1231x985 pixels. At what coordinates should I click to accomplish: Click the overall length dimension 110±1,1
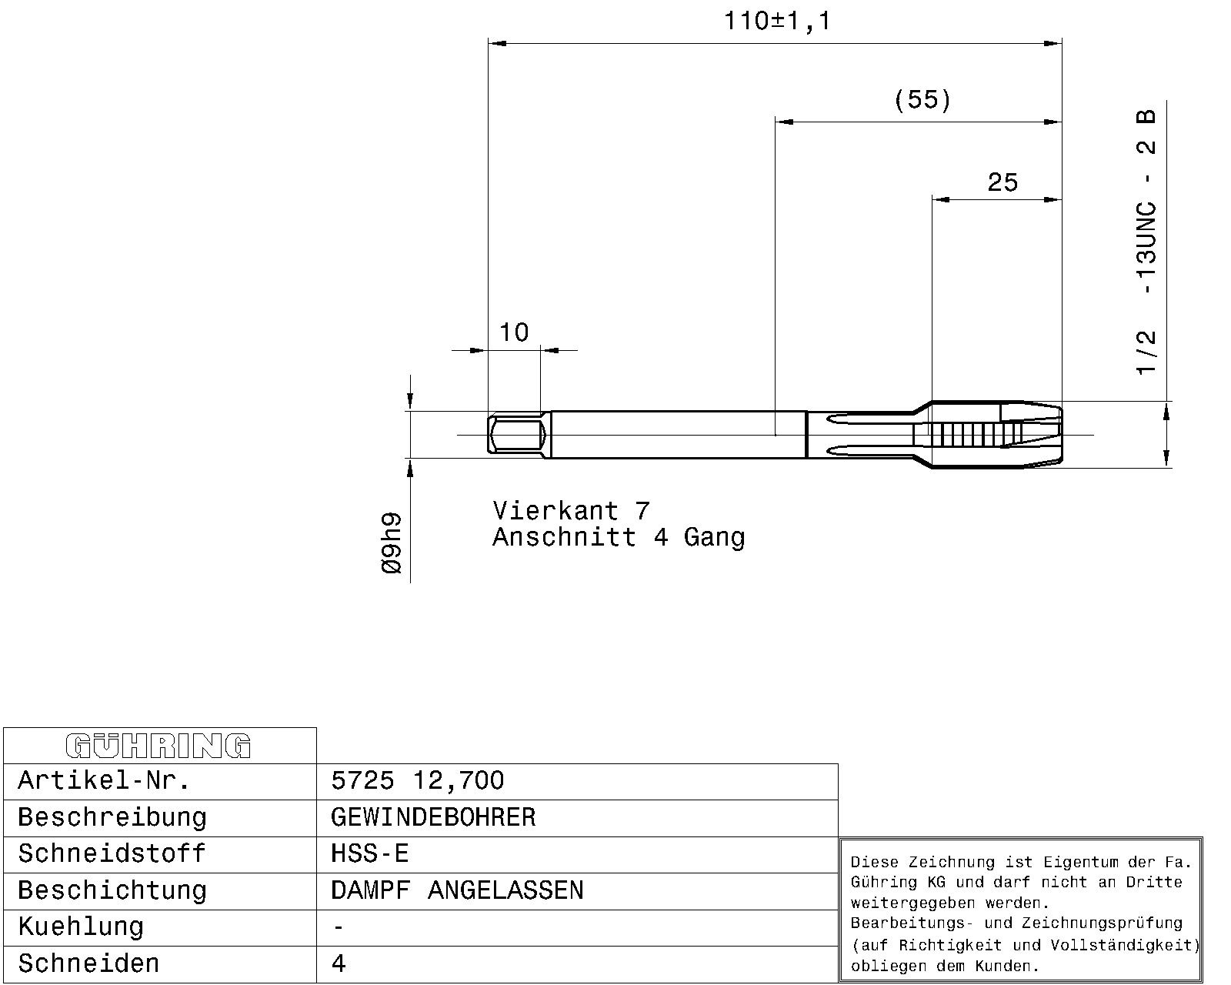(777, 22)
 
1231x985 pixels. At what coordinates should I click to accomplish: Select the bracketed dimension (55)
(922, 100)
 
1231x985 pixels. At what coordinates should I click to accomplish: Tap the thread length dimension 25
(1002, 182)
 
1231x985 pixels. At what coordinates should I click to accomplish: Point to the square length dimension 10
(514, 332)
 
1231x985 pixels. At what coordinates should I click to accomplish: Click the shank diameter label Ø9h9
(392, 543)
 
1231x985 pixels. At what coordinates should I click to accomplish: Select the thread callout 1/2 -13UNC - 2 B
(1146, 242)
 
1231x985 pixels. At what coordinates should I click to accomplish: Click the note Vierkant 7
(571, 510)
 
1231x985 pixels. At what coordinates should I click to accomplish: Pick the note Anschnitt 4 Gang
(619, 537)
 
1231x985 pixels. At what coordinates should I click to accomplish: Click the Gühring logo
(158, 746)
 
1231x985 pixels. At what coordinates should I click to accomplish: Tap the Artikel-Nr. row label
(104, 780)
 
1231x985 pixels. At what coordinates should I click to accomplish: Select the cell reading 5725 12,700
(418, 780)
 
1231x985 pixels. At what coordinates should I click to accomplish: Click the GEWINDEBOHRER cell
(433, 817)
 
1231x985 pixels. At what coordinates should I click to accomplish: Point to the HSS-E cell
(369, 854)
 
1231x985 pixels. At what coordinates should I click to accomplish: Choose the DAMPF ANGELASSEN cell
(457, 890)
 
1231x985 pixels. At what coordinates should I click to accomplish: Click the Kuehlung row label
(81, 927)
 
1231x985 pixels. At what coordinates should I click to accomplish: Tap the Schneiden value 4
(338, 963)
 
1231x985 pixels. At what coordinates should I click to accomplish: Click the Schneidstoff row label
(112, 854)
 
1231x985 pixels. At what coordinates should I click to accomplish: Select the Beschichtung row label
(112, 891)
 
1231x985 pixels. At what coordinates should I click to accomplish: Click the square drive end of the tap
(516, 435)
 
